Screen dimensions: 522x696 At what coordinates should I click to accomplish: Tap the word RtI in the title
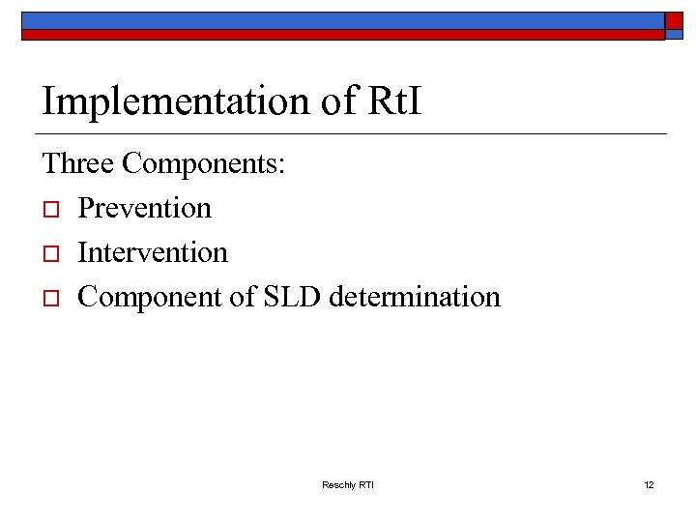coord(396,100)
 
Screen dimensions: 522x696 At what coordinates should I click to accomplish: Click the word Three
coord(78,163)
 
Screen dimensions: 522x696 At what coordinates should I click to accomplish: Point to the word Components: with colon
coord(204,165)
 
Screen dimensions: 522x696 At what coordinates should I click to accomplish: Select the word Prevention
coord(144,208)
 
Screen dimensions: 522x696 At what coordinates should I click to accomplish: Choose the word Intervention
coord(153,252)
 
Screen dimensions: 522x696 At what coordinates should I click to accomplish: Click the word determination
coord(415,297)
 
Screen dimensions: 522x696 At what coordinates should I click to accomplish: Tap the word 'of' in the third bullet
coord(242,297)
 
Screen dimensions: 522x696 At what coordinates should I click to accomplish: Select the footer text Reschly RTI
coord(347,484)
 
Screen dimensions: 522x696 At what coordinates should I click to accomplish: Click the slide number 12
coord(649,484)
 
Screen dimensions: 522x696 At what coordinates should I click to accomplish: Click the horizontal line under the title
coord(354,132)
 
